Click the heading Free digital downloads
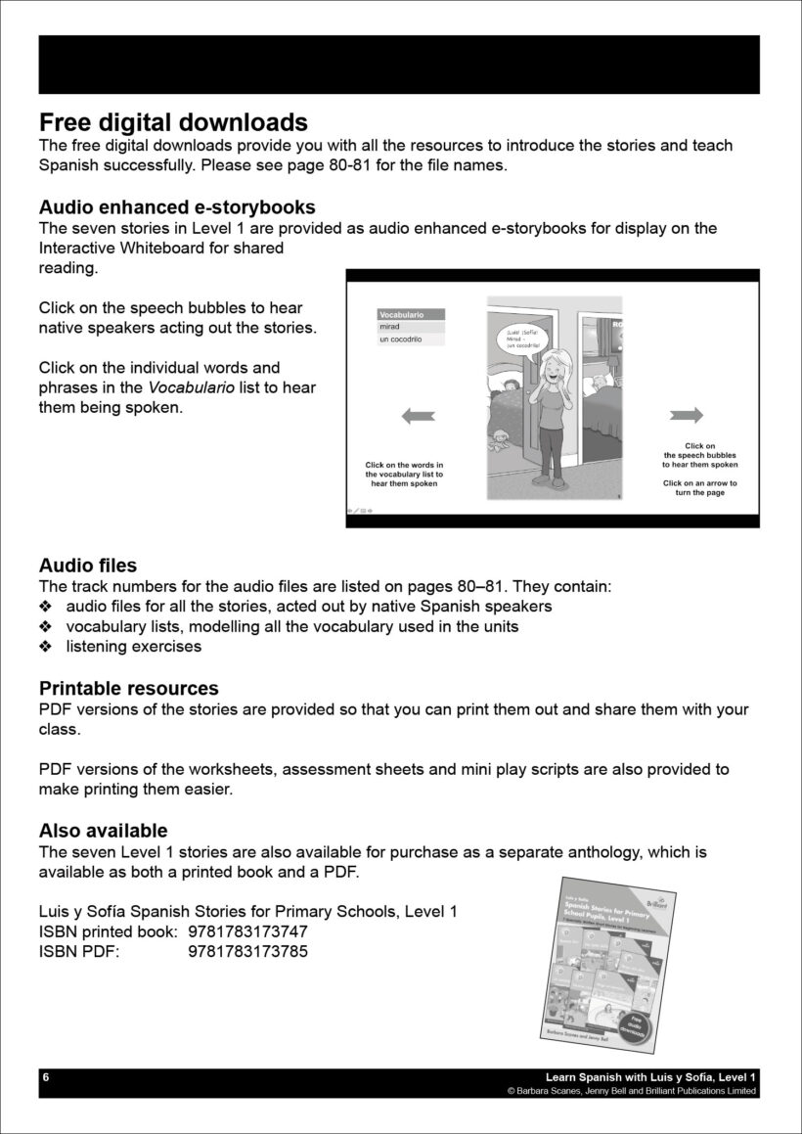click(x=173, y=122)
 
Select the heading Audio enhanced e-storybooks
click(x=177, y=207)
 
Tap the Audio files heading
click(x=88, y=566)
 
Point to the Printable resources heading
click(x=128, y=689)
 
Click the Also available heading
click(x=103, y=831)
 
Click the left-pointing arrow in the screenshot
click(x=418, y=417)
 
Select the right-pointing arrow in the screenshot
click(x=688, y=416)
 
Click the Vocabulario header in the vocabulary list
click(x=411, y=315)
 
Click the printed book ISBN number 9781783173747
click(x=247, y=931)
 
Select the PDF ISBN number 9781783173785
click(x=247, y=951)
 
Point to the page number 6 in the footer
click(x=45, y=1077)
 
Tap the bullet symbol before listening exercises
click(x=45, y=647)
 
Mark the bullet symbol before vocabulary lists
click(x=45, y=626)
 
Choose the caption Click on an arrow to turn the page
click(x=700, y=487)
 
